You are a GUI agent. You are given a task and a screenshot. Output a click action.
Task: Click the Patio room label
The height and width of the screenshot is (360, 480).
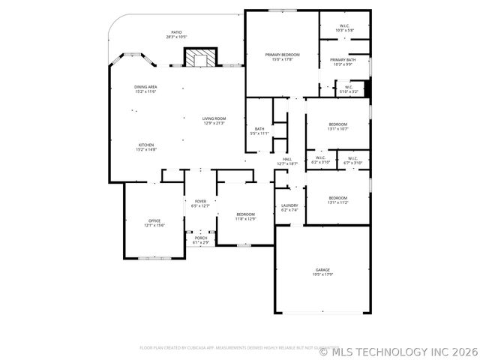(176, 34)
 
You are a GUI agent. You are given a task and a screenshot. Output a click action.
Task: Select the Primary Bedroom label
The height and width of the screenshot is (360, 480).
(282, 57)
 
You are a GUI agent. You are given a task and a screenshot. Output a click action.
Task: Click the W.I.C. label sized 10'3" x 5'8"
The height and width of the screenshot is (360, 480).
(344, 28)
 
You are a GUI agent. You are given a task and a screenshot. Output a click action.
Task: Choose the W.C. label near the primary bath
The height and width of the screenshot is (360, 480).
(349, 89)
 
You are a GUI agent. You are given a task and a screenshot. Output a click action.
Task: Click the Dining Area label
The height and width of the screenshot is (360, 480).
(145, 89)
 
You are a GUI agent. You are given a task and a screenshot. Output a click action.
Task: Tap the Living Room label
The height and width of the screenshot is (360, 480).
(214, 121)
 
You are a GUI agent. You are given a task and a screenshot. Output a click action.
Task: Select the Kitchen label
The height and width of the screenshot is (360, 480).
(145, 147)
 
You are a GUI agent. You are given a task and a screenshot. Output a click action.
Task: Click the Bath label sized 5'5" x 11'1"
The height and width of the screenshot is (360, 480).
(259, 130)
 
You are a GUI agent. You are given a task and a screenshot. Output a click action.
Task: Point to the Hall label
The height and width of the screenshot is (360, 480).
(288, 160)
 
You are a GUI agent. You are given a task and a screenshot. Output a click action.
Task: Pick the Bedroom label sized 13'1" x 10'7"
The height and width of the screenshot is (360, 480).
(337, 126)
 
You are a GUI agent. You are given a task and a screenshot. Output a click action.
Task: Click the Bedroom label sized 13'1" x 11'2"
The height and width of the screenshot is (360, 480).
(337, 199)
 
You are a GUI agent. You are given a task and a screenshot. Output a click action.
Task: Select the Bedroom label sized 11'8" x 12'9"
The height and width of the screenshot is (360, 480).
(246, 216)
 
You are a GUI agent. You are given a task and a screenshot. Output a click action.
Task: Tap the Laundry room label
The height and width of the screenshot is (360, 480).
(289, 208)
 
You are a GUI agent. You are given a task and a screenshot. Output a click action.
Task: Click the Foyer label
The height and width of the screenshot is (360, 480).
(200, 203)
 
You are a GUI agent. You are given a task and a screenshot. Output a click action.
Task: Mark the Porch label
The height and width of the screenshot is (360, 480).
(200, 240)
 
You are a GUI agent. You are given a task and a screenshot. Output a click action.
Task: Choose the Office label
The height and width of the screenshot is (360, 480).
(154, 223)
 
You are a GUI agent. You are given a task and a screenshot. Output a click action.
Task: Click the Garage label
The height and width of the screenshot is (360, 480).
(322, 271)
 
